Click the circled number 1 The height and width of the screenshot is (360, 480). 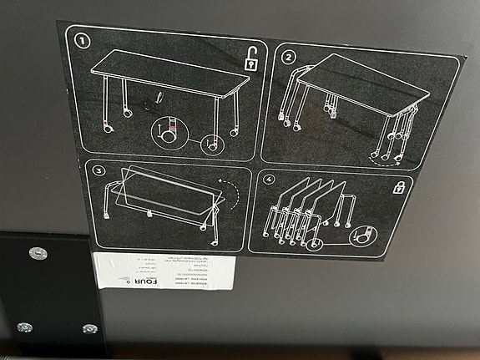click(x=83, y=39)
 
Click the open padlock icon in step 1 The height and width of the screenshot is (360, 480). click(x=250, y=59)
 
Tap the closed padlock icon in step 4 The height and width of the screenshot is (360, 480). click(x=398, y=187)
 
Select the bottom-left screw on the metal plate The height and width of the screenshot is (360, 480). click(x=24, y=327)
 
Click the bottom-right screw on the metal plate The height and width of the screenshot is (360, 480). click(x=89, y=329)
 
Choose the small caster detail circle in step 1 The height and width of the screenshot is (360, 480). click(x=211, y=144)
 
